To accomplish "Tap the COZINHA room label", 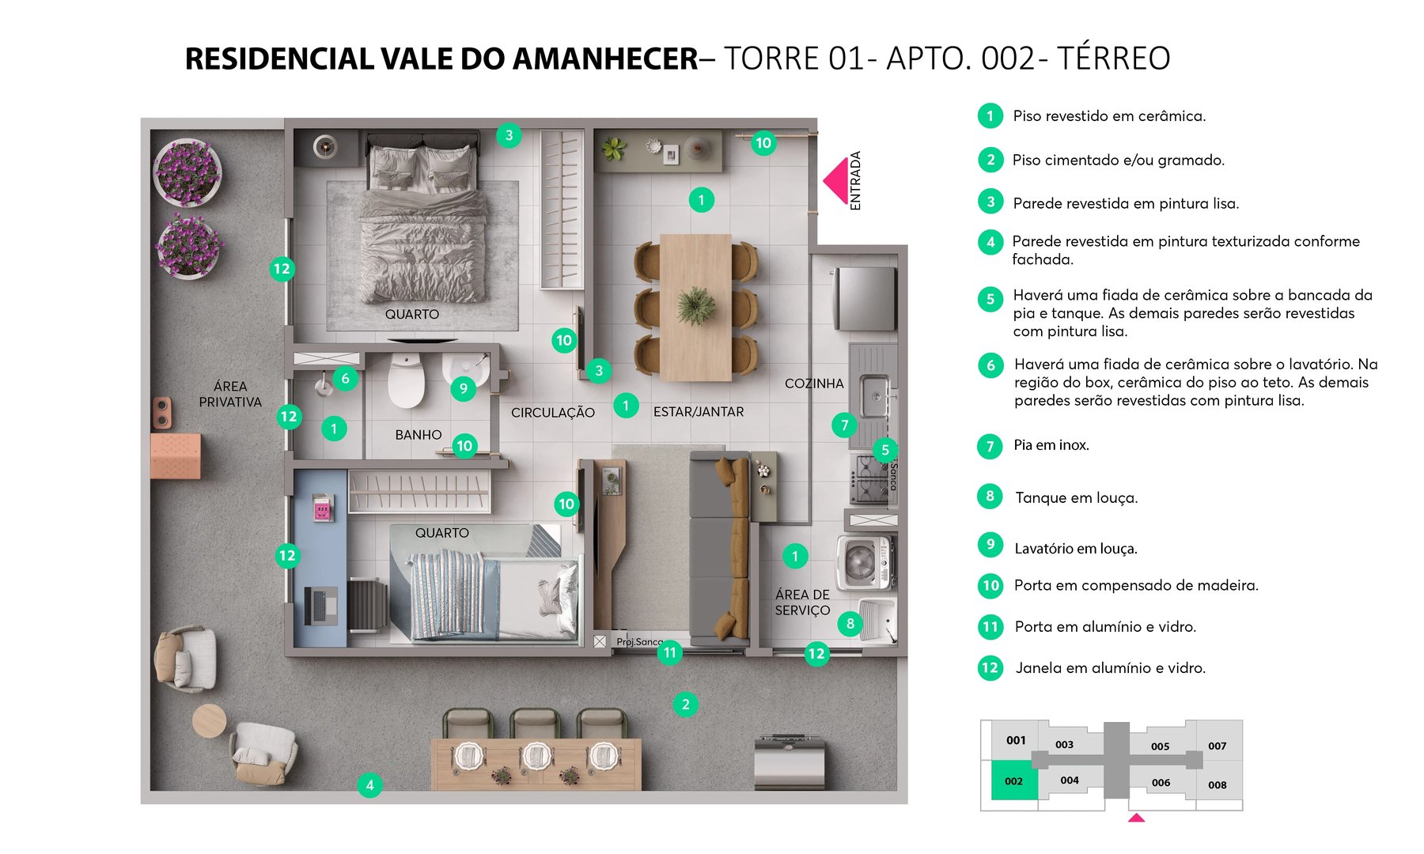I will click(813, 384).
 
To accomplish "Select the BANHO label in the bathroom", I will click(418, 435).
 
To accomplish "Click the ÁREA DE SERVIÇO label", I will click(802, 603).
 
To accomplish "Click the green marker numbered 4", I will click(369, 785).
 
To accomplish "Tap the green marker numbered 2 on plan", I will click(685, 704).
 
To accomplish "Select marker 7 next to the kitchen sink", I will click(844, 425).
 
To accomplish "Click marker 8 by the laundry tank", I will click(850, 623).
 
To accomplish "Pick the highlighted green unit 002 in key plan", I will click(1013, 780).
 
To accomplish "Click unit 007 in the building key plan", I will click(1217, 746).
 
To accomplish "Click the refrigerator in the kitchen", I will click(865, 298).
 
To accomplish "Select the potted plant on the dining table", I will click(696, 304).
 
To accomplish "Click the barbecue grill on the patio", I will click(790, 762).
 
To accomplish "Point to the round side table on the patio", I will click(210, 720).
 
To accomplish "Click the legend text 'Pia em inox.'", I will click(1051, 445).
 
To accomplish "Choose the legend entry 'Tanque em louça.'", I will click(1076, 497).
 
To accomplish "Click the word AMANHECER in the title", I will click(605, 59).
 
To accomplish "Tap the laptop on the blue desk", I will click(320, 606).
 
